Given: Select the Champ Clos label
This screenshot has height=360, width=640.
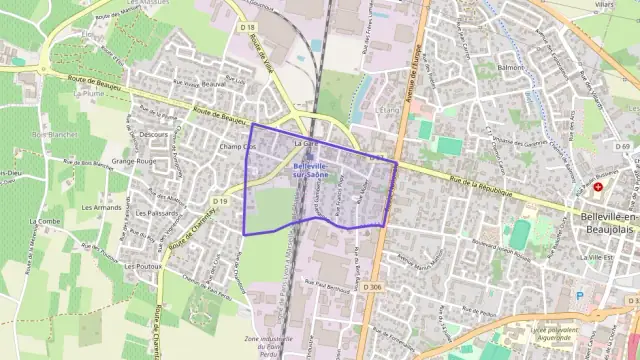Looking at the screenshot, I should click(237, 147).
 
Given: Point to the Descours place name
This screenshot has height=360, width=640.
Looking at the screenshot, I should click(154, 133).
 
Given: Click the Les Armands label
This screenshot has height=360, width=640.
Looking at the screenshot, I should click(101, 207).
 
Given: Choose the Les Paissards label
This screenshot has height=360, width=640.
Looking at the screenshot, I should click(155, 213).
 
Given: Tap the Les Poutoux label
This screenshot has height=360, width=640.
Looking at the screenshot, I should click(143, 267).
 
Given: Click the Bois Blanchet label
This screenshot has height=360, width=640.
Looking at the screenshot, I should click(54, 134).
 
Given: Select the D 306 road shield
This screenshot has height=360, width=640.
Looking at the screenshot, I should click(373, 287).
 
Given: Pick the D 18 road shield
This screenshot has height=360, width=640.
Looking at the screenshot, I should click(248, 27).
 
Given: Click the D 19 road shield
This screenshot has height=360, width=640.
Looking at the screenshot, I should click(220, 201).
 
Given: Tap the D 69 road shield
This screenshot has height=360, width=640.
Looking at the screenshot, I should click(623, 147).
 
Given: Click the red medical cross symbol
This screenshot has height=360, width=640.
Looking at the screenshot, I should click(598, 187).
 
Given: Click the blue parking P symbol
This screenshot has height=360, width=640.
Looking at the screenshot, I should click(579, 295).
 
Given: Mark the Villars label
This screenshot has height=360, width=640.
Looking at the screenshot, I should click(603, 5).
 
